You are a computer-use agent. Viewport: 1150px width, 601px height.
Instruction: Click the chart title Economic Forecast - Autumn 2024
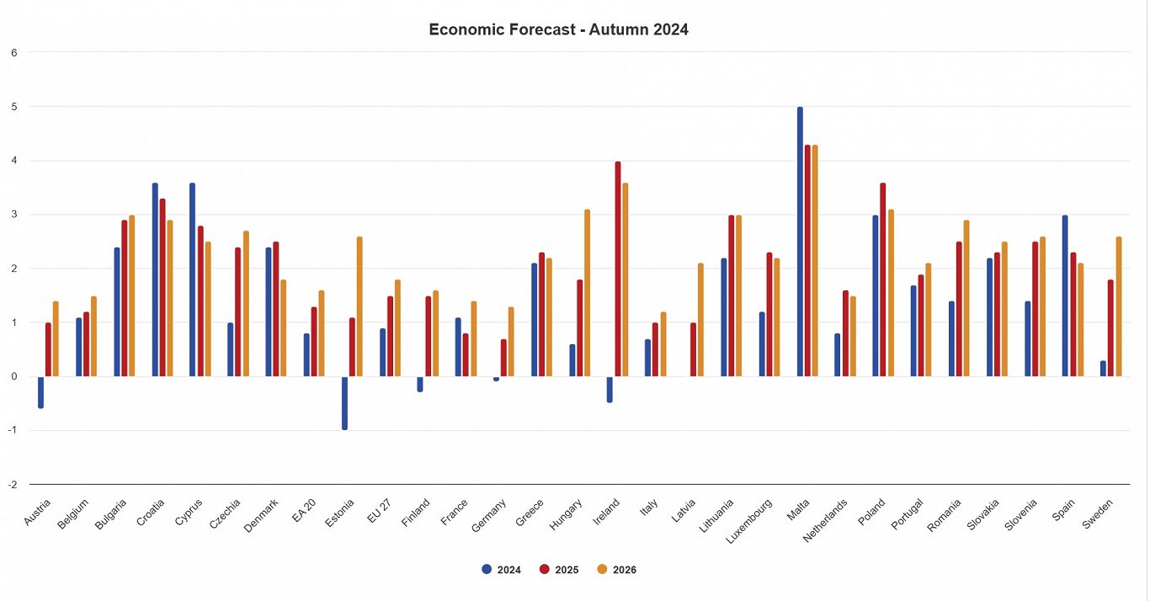558,29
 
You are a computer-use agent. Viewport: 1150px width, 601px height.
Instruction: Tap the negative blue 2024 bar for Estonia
344,403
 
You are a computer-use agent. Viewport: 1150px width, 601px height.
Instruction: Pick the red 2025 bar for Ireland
618,269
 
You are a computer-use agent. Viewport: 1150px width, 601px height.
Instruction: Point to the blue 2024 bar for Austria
40,392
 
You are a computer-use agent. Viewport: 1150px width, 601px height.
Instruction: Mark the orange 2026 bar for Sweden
1118,306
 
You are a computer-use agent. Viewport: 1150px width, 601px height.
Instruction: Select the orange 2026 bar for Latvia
700,320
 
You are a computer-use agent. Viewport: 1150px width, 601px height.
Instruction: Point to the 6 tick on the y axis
13,52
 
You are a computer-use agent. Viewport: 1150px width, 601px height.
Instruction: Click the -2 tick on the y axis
12,485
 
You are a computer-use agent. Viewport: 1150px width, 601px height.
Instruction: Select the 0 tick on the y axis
13,377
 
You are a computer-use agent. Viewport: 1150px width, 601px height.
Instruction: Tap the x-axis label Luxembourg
757,516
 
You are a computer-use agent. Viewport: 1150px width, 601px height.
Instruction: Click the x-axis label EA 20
305,511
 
